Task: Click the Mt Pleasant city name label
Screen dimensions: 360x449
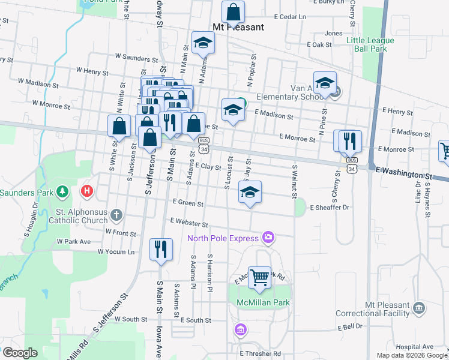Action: [x=238, y=27]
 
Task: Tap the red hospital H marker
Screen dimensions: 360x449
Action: [x=86, y=192]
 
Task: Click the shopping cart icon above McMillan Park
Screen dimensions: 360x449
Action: [x=259, y=278]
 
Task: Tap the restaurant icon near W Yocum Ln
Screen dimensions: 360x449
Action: [x=161, y=250]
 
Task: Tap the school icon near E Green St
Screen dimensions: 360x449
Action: [x=250, y=192]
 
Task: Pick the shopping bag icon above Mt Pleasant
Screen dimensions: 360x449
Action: [x=233, y=13]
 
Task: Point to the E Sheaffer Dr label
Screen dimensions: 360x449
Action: [x=330, y=208]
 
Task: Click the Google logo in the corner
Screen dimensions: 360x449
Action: [x=20, y=353]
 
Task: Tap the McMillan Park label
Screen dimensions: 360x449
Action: [x=263, y=302]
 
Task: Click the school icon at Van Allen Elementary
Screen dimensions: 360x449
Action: [x=325, y=83]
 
